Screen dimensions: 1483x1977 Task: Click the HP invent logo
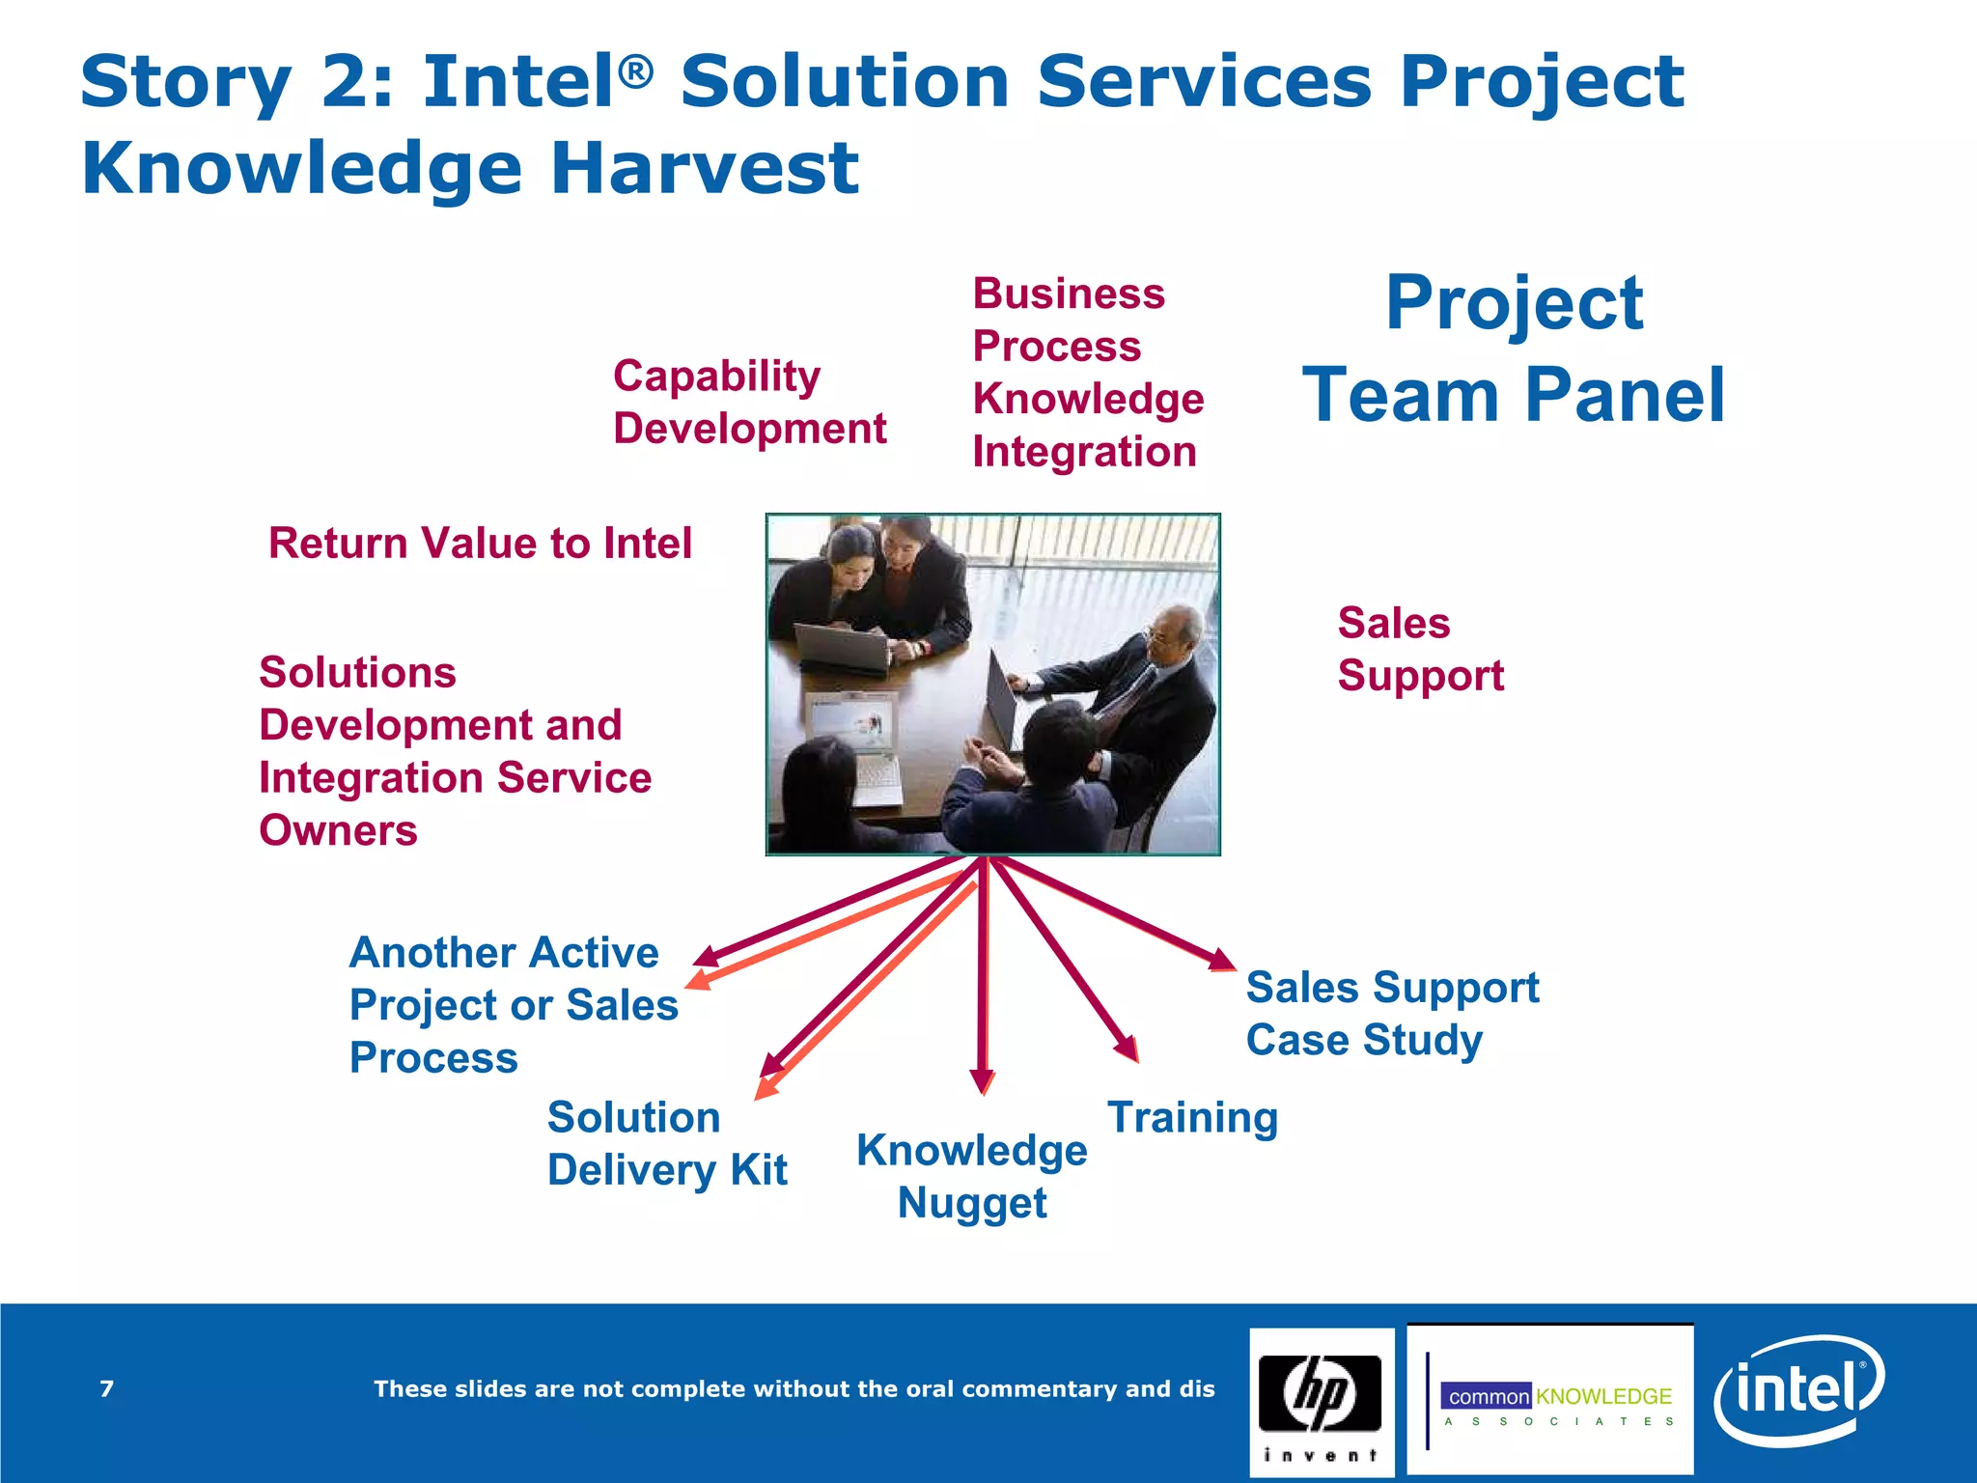(x=1320, y=1402)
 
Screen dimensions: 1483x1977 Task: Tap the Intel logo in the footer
(x=1797, y=1391)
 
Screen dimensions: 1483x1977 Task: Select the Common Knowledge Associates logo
(x=1550, y=1401)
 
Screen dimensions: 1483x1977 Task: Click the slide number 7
(x=107, y=1388)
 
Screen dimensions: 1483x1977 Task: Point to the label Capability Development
(x=749, y=402)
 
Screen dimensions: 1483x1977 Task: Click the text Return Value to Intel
(x=480, y=543)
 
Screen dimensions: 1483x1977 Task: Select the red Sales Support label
(x=1419, y=649)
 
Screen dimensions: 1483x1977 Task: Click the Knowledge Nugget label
(x=971, y=1176)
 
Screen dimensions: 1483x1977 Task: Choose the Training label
(x=1192, y=1117)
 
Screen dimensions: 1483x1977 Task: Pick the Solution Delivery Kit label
(x=666, y=1143)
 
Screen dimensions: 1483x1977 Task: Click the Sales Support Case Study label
(x=1391, y=1013)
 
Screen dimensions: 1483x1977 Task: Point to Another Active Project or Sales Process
(x=513, y=1004)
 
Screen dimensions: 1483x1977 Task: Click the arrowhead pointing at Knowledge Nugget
(x=982, y=1081)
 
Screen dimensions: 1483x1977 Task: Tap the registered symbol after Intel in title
(x=636, y=70)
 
